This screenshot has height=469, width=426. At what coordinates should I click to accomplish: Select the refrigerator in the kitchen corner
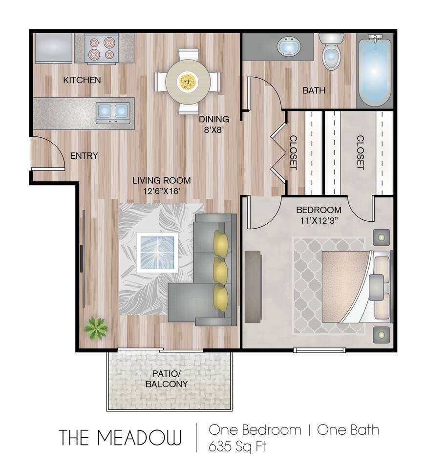pos(53,47)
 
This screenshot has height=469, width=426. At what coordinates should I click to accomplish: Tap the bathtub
pos(374,70)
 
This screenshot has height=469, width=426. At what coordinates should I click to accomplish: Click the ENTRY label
pos(84,156)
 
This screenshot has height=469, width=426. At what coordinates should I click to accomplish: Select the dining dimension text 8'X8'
pos(213,130)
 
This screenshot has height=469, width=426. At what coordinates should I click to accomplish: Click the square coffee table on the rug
pos(156,252)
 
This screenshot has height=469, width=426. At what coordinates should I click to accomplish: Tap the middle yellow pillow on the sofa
pos(221,268)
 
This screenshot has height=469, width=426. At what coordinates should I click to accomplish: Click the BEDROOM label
pos(319,211)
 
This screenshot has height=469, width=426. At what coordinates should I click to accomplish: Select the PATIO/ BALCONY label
pos(166,379)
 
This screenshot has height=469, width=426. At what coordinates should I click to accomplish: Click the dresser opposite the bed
pos(254,286)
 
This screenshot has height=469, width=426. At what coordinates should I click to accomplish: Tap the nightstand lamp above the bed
pos(381,238)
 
